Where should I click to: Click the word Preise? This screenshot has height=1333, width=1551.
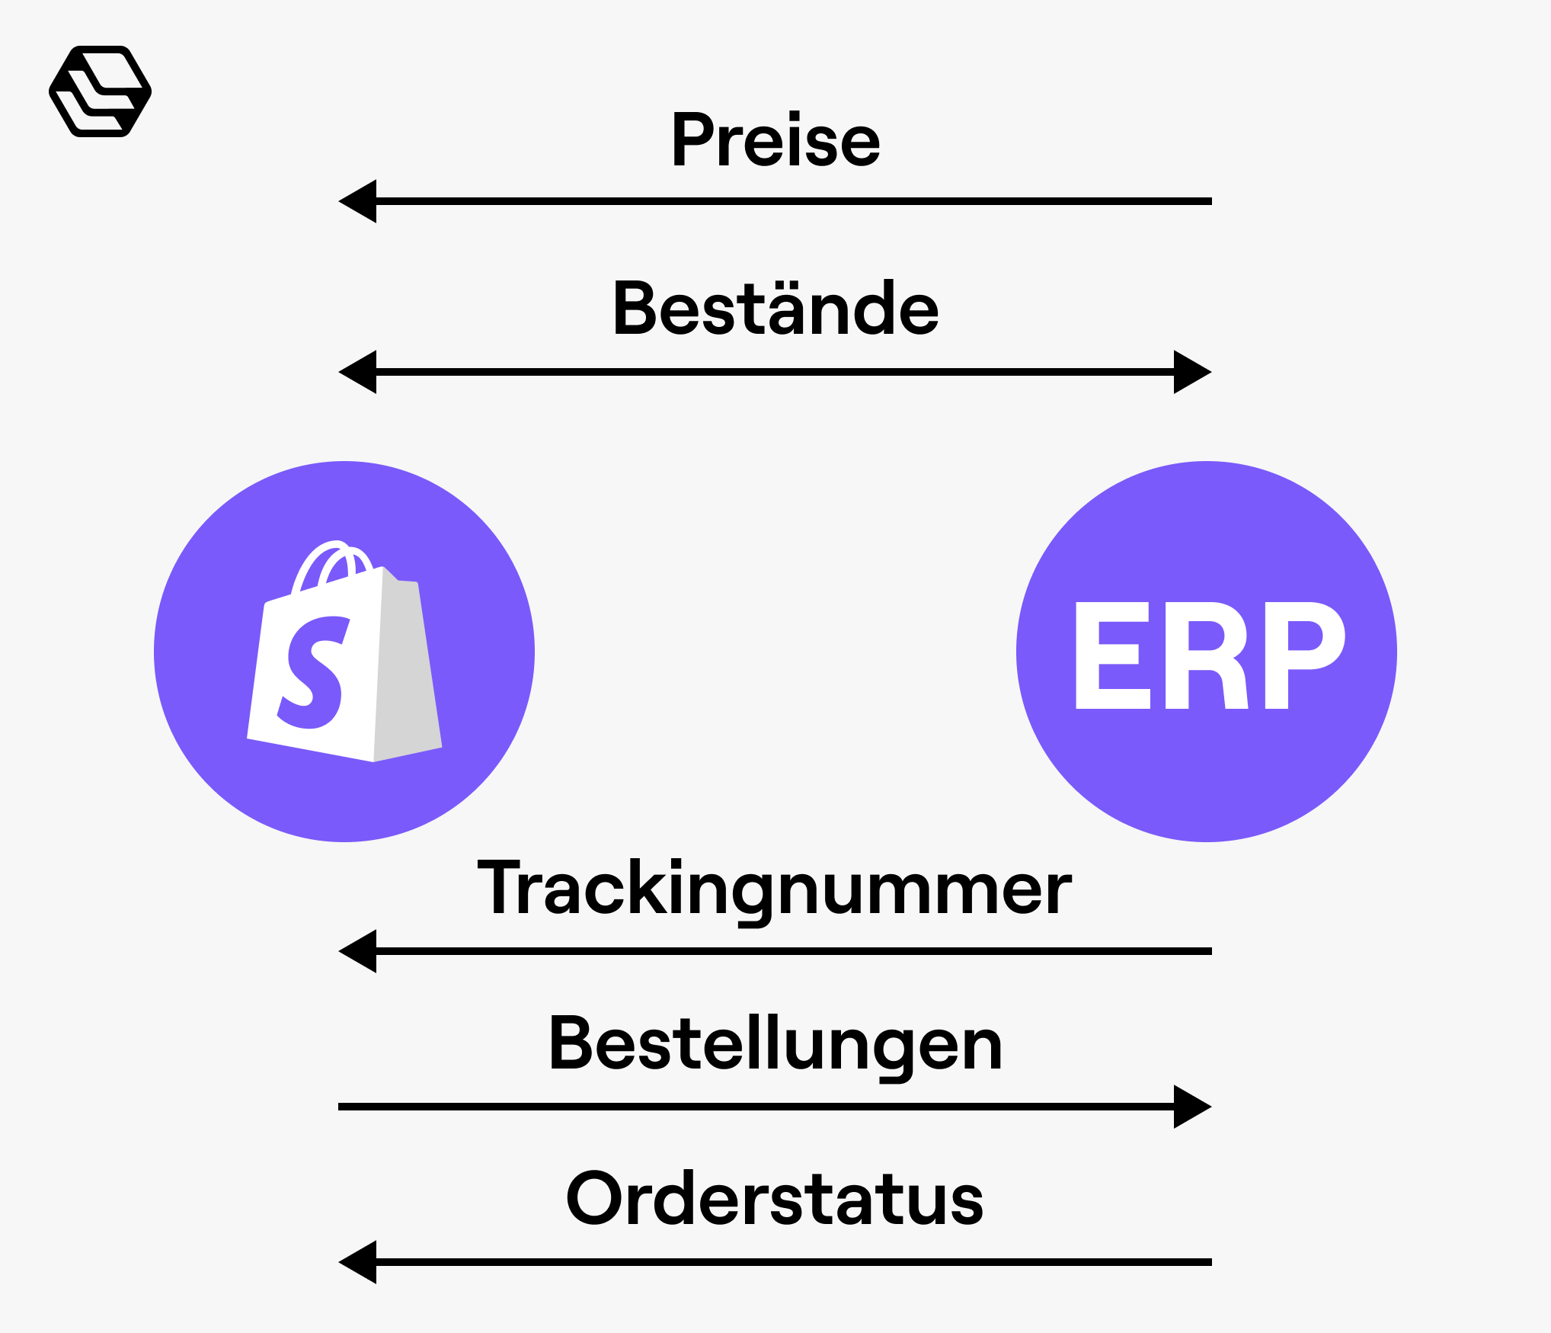775,140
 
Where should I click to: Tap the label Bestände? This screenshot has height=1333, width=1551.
775,309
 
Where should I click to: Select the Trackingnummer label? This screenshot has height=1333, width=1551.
774,888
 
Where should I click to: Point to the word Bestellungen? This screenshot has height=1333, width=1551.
775,1044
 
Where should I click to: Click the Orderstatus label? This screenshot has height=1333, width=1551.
775,1200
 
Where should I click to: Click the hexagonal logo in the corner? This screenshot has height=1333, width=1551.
100,91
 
